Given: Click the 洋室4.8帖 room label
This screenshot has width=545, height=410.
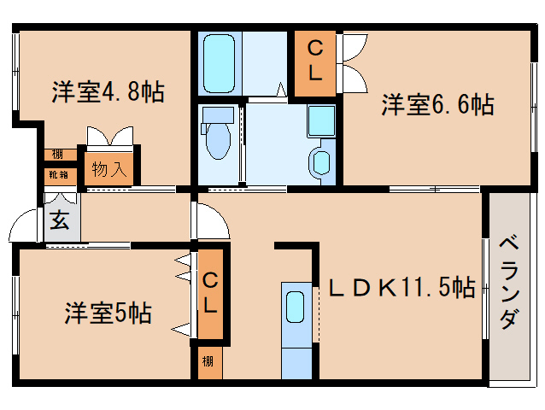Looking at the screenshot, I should [x=108, y=92].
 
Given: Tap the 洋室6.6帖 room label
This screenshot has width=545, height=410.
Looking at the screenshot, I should [x=437, y=105].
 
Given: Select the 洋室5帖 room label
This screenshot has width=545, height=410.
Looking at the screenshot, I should [x=108, y=313].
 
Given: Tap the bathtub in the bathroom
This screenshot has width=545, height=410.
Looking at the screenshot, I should [x=220, y=64].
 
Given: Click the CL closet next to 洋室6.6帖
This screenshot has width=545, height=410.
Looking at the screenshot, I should [x=315, y=61].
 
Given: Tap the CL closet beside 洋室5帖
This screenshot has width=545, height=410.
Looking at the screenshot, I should [x=209, y=292].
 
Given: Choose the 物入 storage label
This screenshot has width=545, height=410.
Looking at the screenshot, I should [x=108, y=168].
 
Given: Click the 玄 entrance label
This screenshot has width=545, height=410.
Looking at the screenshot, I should [x=60, y=220].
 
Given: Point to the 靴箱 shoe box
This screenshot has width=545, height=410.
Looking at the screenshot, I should [x=58, y=174].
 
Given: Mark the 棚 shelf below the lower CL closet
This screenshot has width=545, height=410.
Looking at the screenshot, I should [x=208, y=362].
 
